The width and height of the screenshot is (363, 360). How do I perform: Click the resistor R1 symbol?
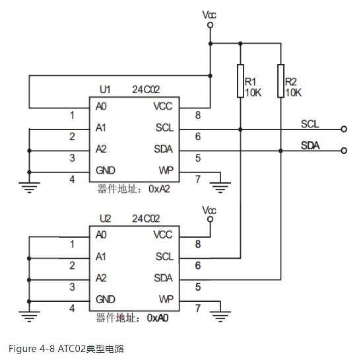click(240, 81)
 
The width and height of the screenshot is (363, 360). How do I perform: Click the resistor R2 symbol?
click(280, 81)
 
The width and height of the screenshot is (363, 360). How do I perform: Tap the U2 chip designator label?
click(105, 218)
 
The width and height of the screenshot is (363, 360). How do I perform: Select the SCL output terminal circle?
click(343, 129)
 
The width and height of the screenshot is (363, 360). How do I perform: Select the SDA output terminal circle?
click(343, 151)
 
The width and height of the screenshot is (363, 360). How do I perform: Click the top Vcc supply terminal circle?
click(210, 25)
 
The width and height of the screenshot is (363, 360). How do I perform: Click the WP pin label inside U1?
click(166, 170)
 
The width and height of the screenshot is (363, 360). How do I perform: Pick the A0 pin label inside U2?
click(101, 234)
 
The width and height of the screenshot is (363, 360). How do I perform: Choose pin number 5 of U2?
click(197, 287)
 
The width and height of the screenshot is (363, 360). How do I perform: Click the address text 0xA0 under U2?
click(160, 318)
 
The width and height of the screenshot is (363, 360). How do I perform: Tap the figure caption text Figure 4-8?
click(32, 348)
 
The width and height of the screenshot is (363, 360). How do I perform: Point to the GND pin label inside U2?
click(106, 299)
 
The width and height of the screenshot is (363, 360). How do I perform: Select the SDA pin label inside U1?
click(164, 149)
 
